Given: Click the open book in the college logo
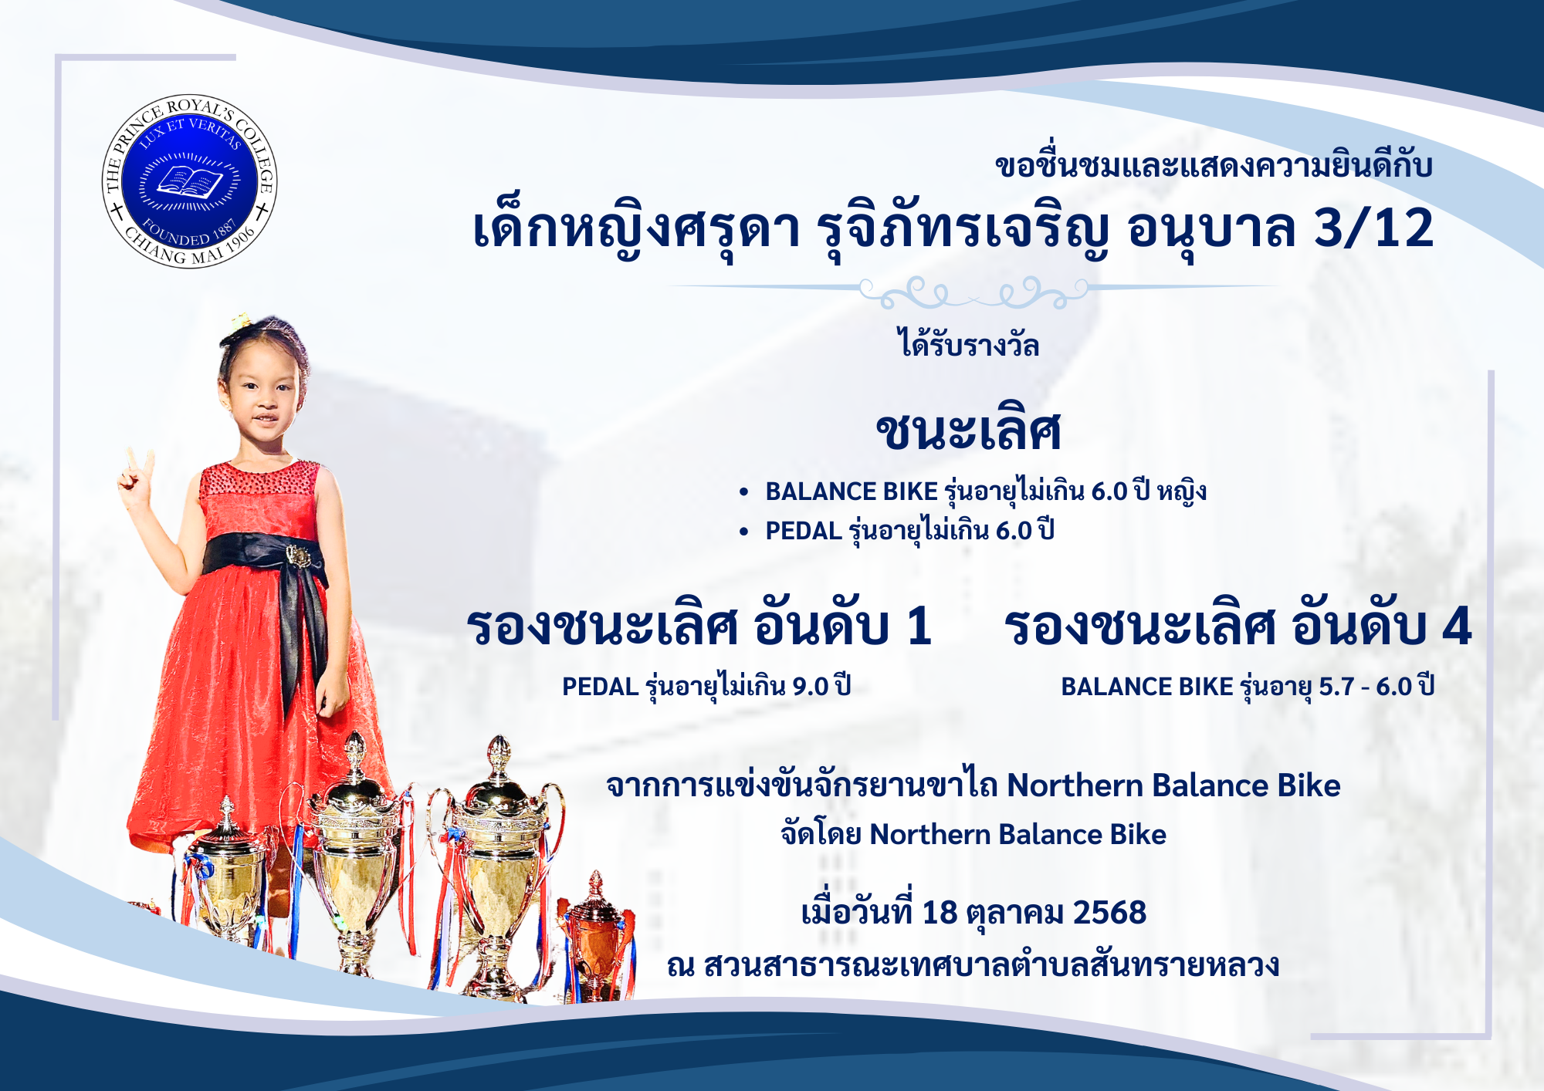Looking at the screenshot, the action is tap(190, 182).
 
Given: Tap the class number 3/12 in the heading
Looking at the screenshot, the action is tap(1373, 228).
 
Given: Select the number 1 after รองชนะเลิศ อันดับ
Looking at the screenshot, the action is tap(919, 626).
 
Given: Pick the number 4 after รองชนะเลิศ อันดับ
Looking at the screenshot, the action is tap(1457, 626).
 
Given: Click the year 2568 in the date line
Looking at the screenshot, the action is tap(1109, 913).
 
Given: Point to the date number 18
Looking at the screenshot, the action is tap(940, 913).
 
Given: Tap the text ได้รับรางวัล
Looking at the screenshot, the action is tap(968, 343).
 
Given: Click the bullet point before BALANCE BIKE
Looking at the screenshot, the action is tap(743, 492).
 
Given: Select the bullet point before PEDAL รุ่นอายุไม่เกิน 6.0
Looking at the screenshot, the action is tap(743, 532).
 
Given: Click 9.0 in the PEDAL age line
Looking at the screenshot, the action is tap(811, 687).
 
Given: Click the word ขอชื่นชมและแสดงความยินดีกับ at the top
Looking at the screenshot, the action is tap(1214, 166).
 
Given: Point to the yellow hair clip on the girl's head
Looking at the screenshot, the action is tap(242, 319).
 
